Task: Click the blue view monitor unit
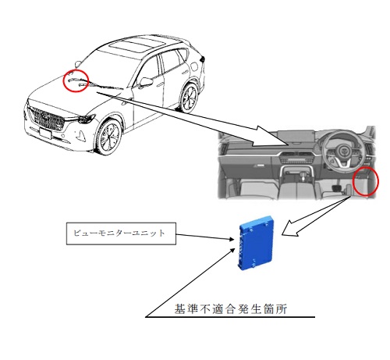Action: click(x=257, y=243)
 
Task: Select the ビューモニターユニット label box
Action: click(x=121, y=233)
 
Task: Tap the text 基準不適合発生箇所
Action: click(x=230, y=309)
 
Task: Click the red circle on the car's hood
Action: click(x=76, y=80)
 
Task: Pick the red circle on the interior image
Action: click(x=365, y=181)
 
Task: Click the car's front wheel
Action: click(x=109, y=137)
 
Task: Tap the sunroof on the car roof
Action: click(x=137, y=46)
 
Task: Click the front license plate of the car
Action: click(x=45, y=134)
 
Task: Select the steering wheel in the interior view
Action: click(x=341, y=150)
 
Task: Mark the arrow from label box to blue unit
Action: click(x=205, y=237)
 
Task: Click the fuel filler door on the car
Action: click(x=193, y=66)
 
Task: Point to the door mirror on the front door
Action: click(x=145, y=82)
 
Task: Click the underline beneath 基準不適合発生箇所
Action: click(x=230, y=317)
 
